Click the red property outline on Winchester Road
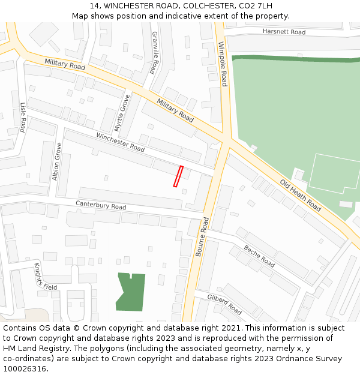(x=178, y=176)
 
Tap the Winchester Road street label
(x=121, y=142)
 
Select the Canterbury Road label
(x=101, y=205)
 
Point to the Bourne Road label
(x=202, y=236)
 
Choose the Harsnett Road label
(x=284, y=32)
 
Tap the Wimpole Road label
(x=223, y=64)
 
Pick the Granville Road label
(x=154, y=53)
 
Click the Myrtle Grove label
(x=122, y=112)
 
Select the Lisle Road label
(x=23, y=118)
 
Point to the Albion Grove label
(x=57, y=161)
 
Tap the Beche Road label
(x=259, y=256)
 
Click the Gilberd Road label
(x=224, y=305)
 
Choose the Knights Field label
(x=45, y=277)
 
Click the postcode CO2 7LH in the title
(x=253, y=6)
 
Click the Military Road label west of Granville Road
(x=65, y=65)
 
